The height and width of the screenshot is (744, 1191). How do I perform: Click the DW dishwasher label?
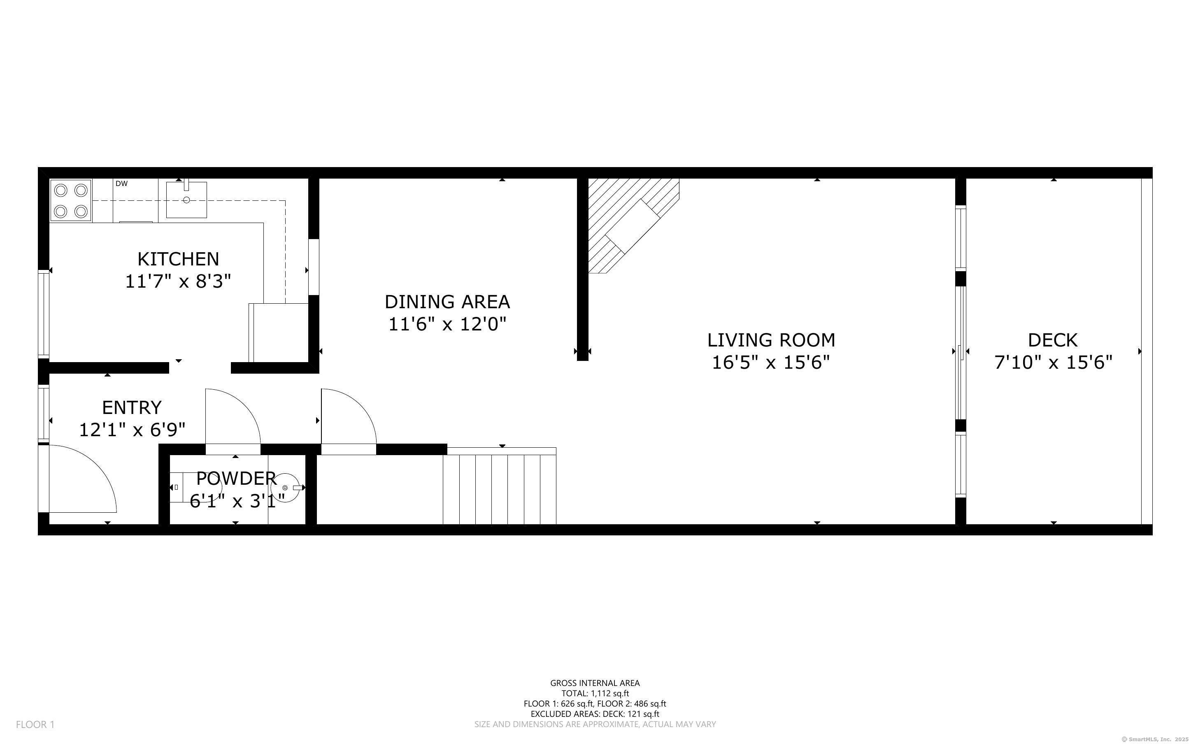[x=121, y=184]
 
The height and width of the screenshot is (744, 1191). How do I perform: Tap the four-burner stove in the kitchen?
[x=71, y=200]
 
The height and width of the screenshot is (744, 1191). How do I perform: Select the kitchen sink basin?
[x=186, y=200]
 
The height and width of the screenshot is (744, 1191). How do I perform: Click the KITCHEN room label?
[x=178, y=259]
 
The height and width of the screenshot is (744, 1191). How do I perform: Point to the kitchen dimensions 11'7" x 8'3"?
[x=178, y=281]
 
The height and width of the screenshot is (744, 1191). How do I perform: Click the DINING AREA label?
[x=447, y=302]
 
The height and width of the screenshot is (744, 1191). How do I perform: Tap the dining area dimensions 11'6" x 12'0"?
[x=447, y=324]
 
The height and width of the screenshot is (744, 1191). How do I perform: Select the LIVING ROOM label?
[x=771, y=340]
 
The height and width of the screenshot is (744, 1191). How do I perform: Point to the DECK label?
[x=1053, y=340]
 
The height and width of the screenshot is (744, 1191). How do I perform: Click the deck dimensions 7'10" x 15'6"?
[x=1053, y=363]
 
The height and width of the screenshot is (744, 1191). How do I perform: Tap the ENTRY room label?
[x=132, y=407]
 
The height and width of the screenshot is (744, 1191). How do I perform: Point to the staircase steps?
[x=499, y=490]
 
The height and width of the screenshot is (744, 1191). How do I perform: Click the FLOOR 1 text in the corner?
[x=35, y=724]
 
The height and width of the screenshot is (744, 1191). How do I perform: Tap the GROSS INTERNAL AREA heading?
[x=595, y=683]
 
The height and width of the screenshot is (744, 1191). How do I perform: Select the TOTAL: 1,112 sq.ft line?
[x=595, y=693]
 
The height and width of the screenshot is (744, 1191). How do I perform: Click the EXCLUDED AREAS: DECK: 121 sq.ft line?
[x=595, y=714]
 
